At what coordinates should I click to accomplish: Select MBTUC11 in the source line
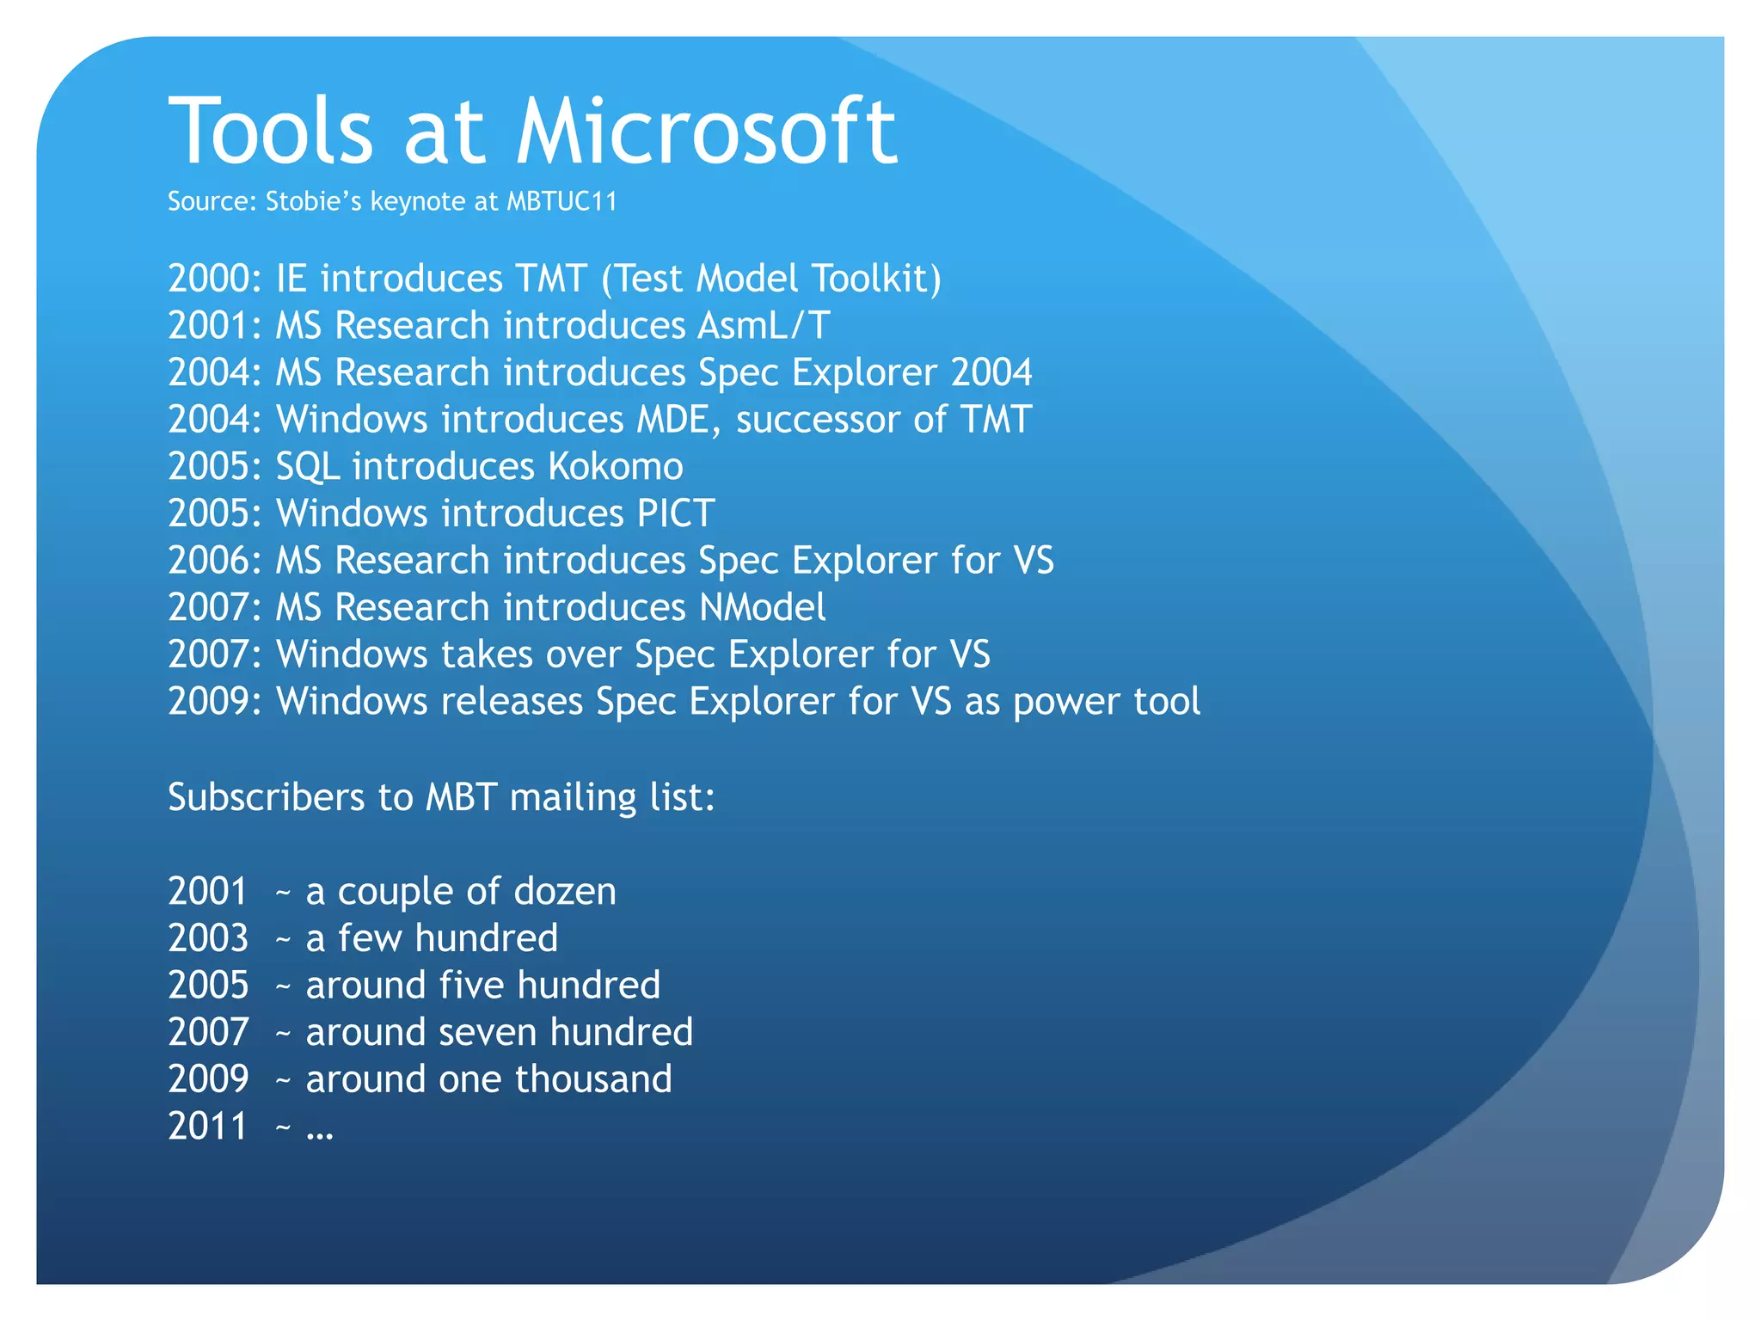coord(561,201)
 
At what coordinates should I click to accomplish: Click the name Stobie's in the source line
coord(314,201)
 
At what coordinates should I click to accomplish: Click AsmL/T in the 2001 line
coord(764,326)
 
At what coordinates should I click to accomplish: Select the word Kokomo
coord(615,467)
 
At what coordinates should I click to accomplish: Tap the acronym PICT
coord(675,513)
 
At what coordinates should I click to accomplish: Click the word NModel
coord(762,608)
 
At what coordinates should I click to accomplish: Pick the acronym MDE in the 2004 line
coord(673,420)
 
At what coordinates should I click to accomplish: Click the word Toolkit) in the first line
coord(876,279)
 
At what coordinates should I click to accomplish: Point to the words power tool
coord(1106,702)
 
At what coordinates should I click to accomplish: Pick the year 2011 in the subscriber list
coord(207,1127)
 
